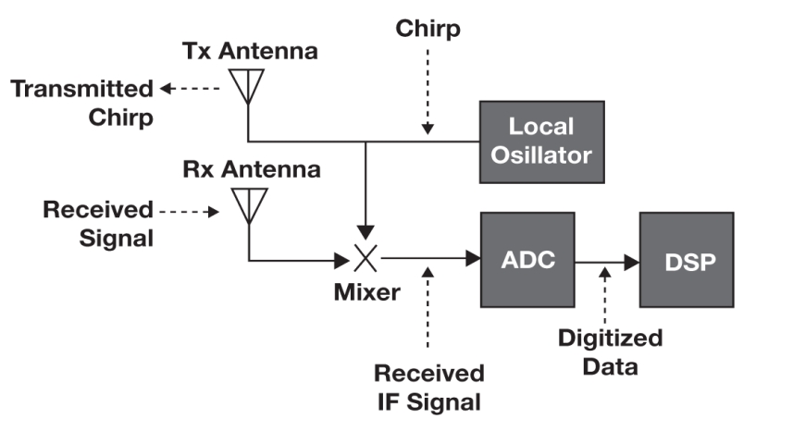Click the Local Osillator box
pyautogui.click(x=541, y=142)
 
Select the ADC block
pyautogui.click(x=527, y=260)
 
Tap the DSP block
pyautogui.click(x=687, y=260)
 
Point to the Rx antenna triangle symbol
pyautogui.click(x=248, y=205)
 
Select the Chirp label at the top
pyautogui.click(x=427, y=29)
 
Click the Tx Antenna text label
pyautogui.click(x=263, y=52)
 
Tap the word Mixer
pyautogui.click(x=367, y=293)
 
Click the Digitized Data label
pyautogui.click(x=610, y=352)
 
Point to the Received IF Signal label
pyautogui.click(x=428, y=388)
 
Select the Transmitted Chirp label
pyautogui.click(x=81, y=103)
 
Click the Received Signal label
pyautogui.click(x=96, y=223)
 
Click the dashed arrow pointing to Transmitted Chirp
pyautogui.click(x=190, y=89)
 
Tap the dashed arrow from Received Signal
pyautogui.click(x=190, y=212)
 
